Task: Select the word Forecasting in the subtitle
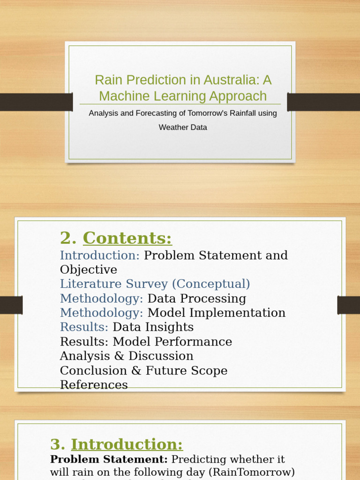pyautogui.click(x=156, y=113)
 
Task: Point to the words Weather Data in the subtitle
pyautogui.click(x=183, y=127)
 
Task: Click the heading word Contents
pyautogui.click(x=127, y=238)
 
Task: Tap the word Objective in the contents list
pyautogui.click(x=89, y=270)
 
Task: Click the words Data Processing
pyautogui.click(x=197, y=299)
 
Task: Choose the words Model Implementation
pyautogui.click(x=217, y=313)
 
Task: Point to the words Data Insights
pyautogui.click(x=153, y=327)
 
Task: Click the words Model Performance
pyautogui.click(x=172, y=341)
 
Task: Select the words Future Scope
pyautogui.click(x=187, y=370)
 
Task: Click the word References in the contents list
pyautogui.click(x=94, y=385)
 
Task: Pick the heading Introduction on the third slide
pyautogui.click(x=127, y=444)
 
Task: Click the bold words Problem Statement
pyautogui.click(x=109, y=459)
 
